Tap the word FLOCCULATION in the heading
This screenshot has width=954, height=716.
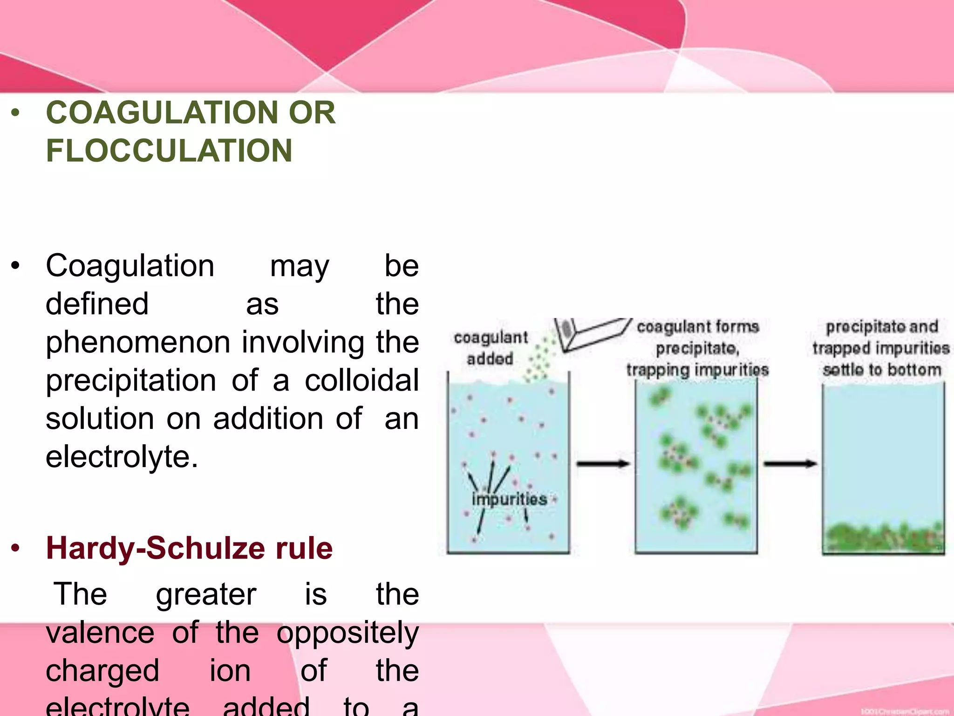(169, 151)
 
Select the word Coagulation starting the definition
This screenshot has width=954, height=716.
(130, 266)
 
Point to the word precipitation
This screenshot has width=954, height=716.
(131, 380)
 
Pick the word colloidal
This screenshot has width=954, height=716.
(361, 380)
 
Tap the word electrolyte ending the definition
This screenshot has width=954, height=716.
(122, 457)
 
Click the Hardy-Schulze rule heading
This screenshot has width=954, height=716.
(189, 548)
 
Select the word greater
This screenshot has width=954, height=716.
(206, 594)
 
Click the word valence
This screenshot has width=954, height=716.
(100, 633)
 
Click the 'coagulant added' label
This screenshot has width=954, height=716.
(491, 348)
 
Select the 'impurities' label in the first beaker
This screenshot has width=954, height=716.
(509, 499)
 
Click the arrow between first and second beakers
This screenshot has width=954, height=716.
(603, 463)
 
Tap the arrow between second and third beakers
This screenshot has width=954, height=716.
(790, 463)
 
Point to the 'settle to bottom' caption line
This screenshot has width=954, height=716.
(882, 370)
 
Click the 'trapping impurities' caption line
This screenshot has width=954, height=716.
(697, 370)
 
